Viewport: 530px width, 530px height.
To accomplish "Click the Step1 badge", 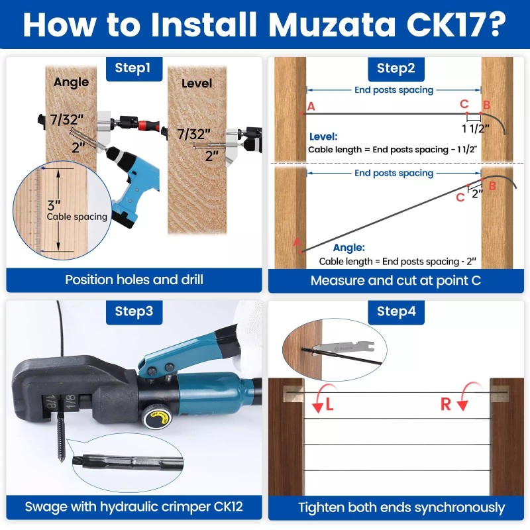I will tap(133, 68).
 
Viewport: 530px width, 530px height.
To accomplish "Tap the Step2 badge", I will tap(396, 68).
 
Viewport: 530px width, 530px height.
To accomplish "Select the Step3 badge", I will tap(133, 311).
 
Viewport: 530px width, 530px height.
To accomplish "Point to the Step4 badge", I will tap(396, 311).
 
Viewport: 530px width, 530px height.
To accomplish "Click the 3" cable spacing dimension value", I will tap(54, 204).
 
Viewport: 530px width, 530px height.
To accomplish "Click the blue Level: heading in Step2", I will tap(323, 136).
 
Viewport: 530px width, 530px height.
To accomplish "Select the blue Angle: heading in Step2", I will tap(348, 247).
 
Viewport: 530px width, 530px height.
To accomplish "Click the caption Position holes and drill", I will tap(134, 280).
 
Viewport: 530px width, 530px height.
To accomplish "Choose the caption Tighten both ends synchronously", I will tap(401, 508).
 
